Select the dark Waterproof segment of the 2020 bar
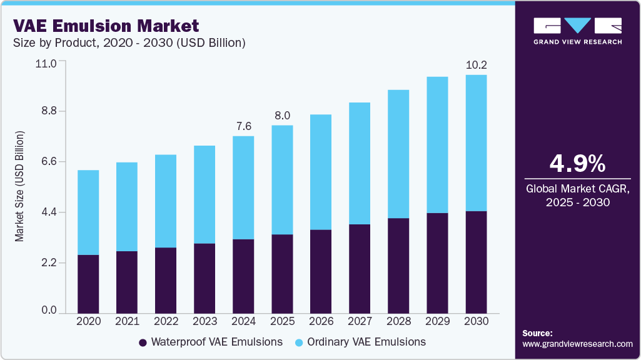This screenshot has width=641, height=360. coord(88,283)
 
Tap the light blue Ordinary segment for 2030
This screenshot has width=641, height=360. coord(476,143)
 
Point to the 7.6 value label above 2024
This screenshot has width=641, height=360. coord(243,126)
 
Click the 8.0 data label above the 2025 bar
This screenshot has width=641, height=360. coord(282,116)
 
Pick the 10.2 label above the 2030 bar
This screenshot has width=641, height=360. coord(476,65)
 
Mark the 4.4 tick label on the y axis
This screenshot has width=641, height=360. coord(49,212)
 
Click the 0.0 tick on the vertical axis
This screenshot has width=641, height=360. coord(49,311)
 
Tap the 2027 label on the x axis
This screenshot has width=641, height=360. coord(360,321)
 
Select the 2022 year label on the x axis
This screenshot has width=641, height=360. coord(166,321)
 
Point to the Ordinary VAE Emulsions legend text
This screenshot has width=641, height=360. coord(366,342)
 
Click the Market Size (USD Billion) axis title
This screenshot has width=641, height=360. coord(20,187)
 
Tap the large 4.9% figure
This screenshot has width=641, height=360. coord(577,164)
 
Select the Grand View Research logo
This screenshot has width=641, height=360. coord(577,31)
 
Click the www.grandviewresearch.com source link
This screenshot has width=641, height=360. coord(577,344)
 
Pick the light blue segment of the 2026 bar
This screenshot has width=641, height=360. coord(321,172)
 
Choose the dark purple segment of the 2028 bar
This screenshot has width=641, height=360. coord(398,265)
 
